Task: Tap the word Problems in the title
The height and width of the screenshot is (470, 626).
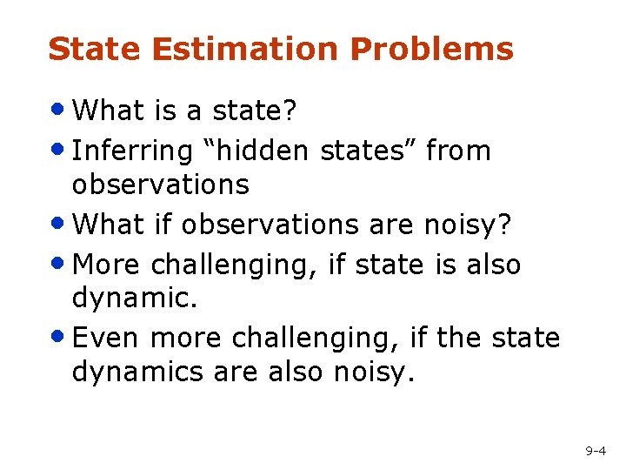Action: (432, 50)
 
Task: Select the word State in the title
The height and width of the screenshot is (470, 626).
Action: (95, 50)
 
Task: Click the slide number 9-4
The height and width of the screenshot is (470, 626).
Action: (596, 451)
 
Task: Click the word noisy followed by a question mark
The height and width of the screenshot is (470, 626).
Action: (469, 225)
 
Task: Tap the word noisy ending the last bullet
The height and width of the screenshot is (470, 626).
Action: (373, 372)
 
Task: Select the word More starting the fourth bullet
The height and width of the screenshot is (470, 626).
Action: (108, 264)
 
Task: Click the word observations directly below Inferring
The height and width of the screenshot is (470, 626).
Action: (160, 185)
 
